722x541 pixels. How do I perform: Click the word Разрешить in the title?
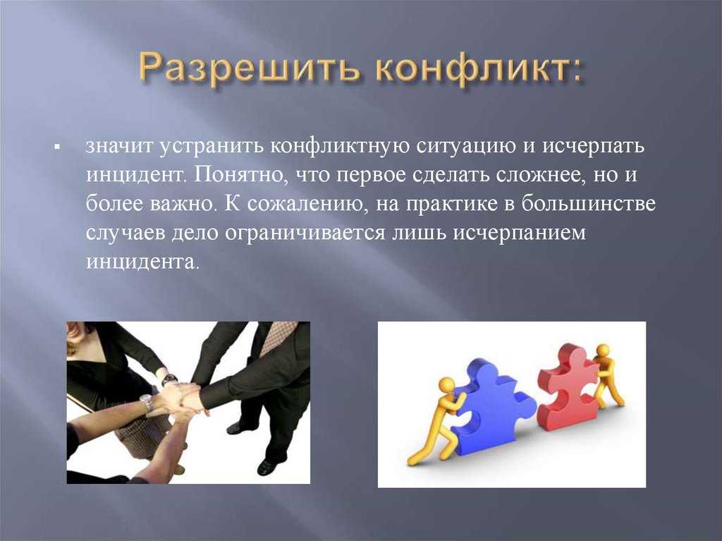click(249, 70)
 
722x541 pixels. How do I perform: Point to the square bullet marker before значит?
click(58, 148)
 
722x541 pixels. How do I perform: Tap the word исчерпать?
click(593, 147)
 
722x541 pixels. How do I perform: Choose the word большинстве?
click(589, 204)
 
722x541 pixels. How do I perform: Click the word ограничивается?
click(305, 233)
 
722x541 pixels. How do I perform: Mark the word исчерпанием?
click(520, 233)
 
